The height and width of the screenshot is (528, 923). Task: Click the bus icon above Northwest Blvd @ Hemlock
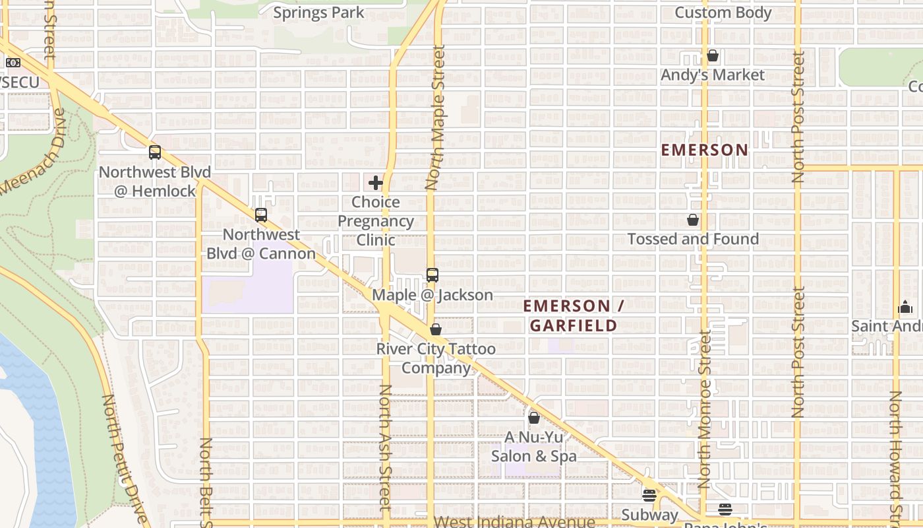(x=155, y=152)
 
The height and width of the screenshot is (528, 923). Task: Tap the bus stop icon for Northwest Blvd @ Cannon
(x=261, y=214)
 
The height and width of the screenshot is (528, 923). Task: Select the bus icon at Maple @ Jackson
(x=432, y=275)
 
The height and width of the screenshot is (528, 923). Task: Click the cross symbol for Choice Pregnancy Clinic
(x=376, y=183)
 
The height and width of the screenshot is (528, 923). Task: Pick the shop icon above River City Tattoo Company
(x=436, y=329)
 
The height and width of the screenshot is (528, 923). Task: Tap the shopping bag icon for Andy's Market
(x=713, y=56)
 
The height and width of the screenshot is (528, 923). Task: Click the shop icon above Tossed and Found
(x=693, y=220)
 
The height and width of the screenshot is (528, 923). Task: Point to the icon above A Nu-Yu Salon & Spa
(x=534, y=418)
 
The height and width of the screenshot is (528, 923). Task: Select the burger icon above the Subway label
(x=649, y=496)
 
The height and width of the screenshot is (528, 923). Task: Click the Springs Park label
(x=318, y=12)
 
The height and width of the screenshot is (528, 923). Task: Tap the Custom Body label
(x=723, y=13)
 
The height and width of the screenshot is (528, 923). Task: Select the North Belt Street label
(x=206, y=482)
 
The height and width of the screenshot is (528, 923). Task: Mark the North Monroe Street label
(x=705, y=409)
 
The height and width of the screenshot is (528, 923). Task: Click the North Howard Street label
(x=896, y=455)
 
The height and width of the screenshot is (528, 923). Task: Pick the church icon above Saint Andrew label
(x=905, y=308)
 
